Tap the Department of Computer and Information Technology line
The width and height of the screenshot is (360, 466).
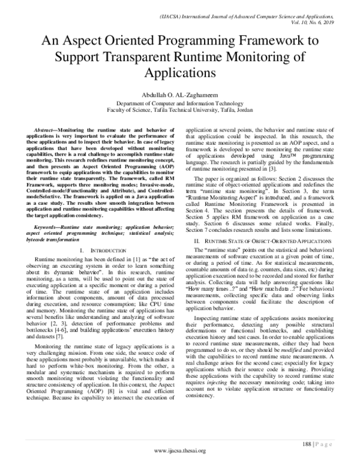(179, 103)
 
